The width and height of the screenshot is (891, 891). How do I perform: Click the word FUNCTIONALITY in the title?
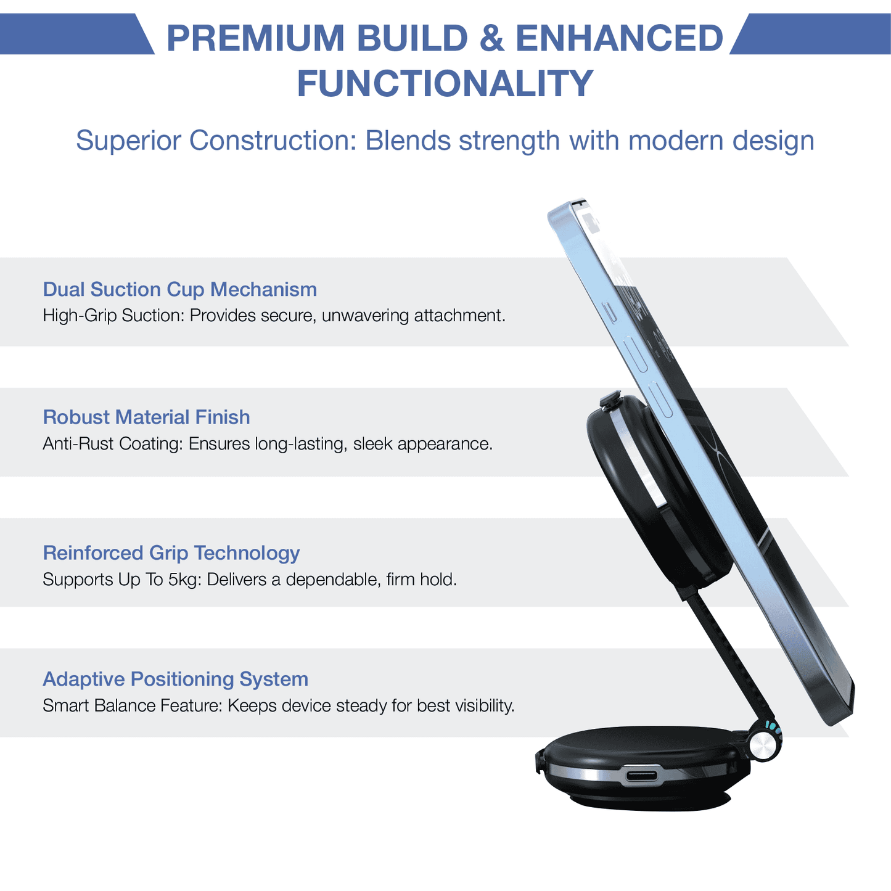445,84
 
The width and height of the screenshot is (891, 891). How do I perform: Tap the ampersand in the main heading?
491,38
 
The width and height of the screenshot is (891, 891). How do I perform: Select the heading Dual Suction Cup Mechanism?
179,289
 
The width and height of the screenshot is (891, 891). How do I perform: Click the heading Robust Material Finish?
146,417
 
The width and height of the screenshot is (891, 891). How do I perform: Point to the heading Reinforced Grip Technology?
171,552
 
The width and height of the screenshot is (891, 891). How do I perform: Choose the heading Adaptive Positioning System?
175,679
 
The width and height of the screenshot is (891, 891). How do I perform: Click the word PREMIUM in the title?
256,38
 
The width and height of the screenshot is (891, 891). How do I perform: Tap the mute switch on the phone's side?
610,312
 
